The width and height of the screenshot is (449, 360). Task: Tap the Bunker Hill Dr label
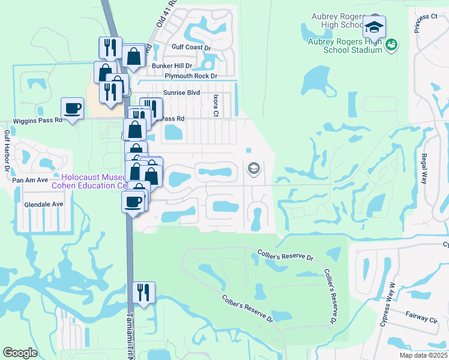coord(172,65)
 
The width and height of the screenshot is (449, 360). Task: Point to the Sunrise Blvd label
coord(181,93)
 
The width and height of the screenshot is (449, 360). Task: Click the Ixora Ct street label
coord(215,105)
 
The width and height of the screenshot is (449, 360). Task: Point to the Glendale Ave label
coord(44,204)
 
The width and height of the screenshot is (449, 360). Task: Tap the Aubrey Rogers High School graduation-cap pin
coord(374,27)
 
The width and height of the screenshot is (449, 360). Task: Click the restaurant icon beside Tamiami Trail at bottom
coord(143,292)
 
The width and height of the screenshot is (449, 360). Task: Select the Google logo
coord(20,353)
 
